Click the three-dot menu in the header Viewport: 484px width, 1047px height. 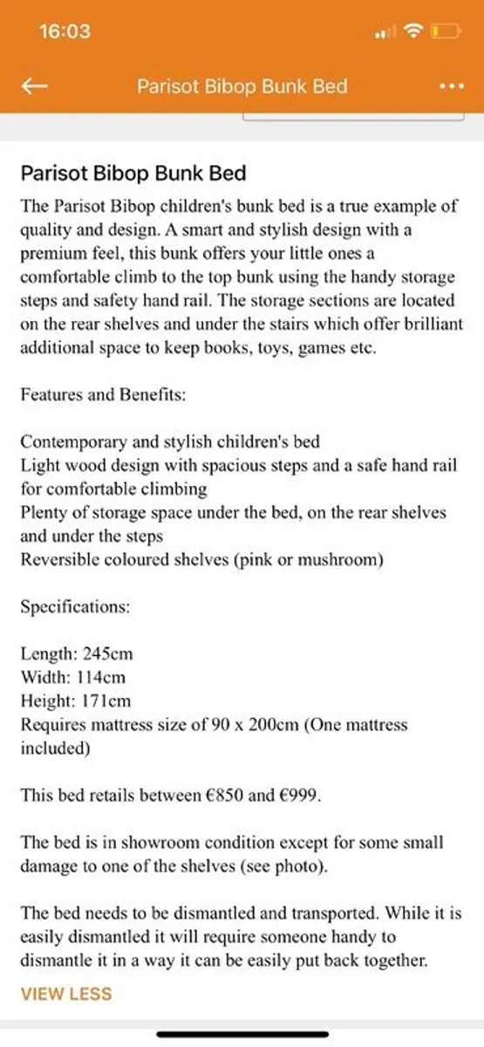pos(450,86)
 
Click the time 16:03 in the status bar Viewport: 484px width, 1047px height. pos(65,31)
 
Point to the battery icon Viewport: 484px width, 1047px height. pos(446,32)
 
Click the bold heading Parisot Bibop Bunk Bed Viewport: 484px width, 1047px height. pos(133,173)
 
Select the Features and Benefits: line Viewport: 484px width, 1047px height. pos(103,394)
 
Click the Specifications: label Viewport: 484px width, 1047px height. pos(75,606)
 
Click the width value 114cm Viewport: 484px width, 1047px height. pos(97,677)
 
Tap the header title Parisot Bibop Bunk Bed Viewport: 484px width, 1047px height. pos(242,86)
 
